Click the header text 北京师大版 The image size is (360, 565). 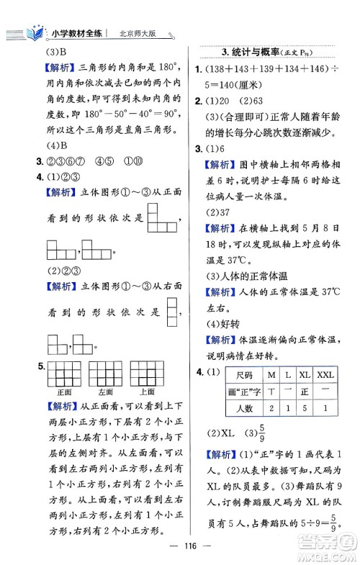point(137,34)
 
